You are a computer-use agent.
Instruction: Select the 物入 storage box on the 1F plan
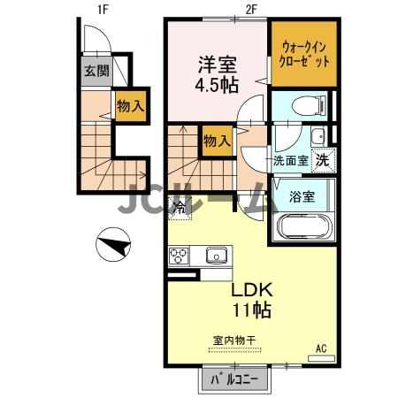click(x=130, y=106)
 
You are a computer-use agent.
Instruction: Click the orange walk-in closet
click(x=304, y=55)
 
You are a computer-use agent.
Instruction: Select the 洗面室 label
click(x=290, y=162)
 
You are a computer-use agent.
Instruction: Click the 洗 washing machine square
click(x=325, y=161)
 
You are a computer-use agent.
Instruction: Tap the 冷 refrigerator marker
click(x=179, y=209)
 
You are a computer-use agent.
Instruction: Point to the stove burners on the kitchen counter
click(x=178, y=256)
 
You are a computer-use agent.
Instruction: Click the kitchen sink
click(x=216, y=256)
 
